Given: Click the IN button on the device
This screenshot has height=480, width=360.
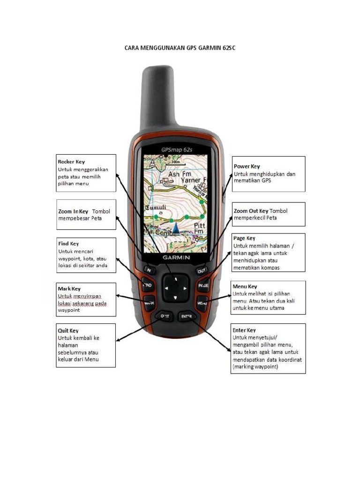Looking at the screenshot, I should [149, 270].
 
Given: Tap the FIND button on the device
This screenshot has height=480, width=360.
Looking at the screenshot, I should [147, 285].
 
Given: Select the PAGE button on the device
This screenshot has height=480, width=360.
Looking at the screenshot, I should [203, 285].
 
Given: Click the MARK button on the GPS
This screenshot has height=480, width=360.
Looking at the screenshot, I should [149, 303].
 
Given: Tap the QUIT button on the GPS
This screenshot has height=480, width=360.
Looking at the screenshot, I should [165, 316].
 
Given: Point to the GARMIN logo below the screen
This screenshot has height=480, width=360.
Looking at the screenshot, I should [176, 257].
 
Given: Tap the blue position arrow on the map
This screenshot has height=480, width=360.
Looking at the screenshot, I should [176, 228].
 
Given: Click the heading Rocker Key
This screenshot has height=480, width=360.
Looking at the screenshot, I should [71, 162].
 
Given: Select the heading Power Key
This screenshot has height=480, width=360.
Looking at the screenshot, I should [247, 166].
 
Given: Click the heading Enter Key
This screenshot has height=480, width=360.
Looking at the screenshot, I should [244, 330].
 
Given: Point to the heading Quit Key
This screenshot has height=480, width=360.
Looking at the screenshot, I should [68, 330].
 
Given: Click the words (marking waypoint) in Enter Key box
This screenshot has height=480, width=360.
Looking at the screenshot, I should [255, 367].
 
